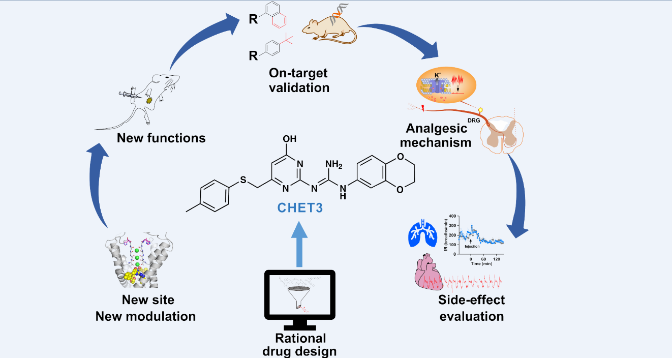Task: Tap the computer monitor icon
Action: point(300,299)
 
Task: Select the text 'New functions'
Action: point(161,138)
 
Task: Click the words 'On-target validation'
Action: point(299,80)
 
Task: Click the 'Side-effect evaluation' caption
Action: point(471,308)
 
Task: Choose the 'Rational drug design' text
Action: point(300,344)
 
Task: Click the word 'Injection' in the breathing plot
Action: point(473,246)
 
